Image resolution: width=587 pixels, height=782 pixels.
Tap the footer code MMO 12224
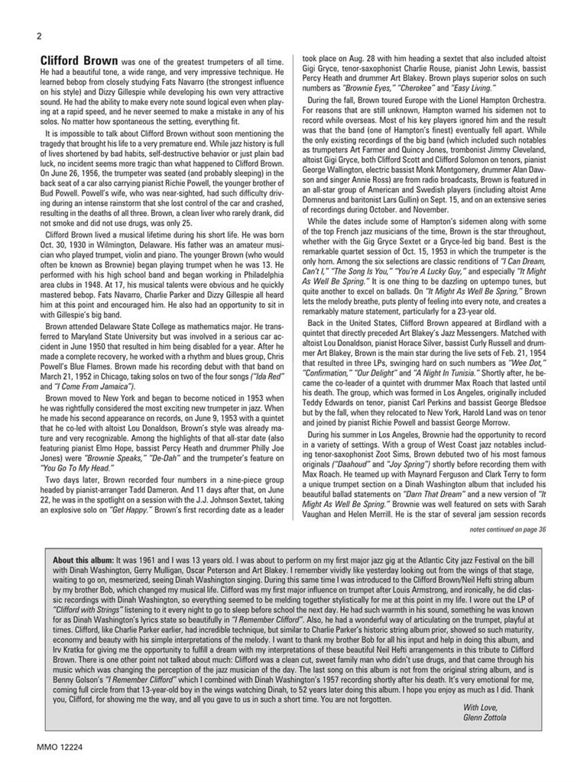[60, 745]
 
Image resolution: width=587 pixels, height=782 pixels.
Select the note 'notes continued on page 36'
[508, 528]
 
